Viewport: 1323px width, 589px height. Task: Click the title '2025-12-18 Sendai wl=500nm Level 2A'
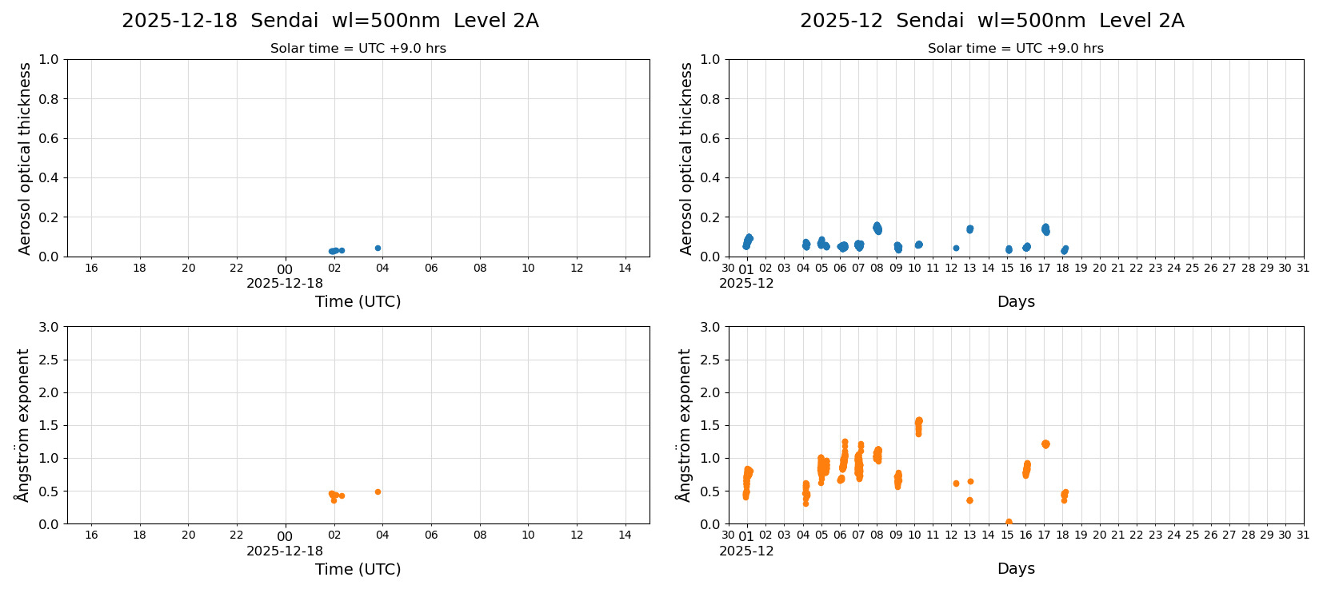click(x=330, y=21)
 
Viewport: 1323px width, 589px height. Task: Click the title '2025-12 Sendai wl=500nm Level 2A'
click(x=991, y=21)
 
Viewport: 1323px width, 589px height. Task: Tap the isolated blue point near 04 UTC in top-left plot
click(x=378, y=248)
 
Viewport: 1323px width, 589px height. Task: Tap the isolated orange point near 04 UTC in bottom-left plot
click(x=378, y=491)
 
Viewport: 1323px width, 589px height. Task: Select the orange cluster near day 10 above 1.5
click(x=918, y=424)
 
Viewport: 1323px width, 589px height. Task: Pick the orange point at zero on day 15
click(x=1008, y=522)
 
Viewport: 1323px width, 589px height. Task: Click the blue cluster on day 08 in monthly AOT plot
click(x=877, y=228)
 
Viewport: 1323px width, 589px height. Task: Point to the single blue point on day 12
click(x=956, y=248)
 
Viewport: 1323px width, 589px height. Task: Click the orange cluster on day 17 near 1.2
click(x=1045, y=444)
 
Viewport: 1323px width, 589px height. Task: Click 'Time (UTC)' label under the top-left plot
click(x=358, y=301)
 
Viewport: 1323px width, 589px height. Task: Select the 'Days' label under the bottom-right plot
click(x=1016, y=568)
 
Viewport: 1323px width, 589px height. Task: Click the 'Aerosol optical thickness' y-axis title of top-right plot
click(x=686, y=158)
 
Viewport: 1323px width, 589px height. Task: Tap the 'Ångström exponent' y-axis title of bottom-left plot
click(x=24, y=424)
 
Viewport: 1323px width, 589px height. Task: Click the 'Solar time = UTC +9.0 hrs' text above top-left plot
click(x=358, y=49)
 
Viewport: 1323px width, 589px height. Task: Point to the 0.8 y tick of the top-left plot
click(x=49, y=99)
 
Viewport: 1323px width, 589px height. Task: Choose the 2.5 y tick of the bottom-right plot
click(x=710, y=360)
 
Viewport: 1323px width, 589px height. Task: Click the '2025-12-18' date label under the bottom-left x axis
click(x=285, y=551)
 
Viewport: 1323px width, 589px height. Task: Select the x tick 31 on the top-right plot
click(x=1303, y=268)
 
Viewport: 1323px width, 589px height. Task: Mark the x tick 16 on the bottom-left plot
click(x=91, y=535)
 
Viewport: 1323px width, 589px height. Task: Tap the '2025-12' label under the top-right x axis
click(x=746, y=283)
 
